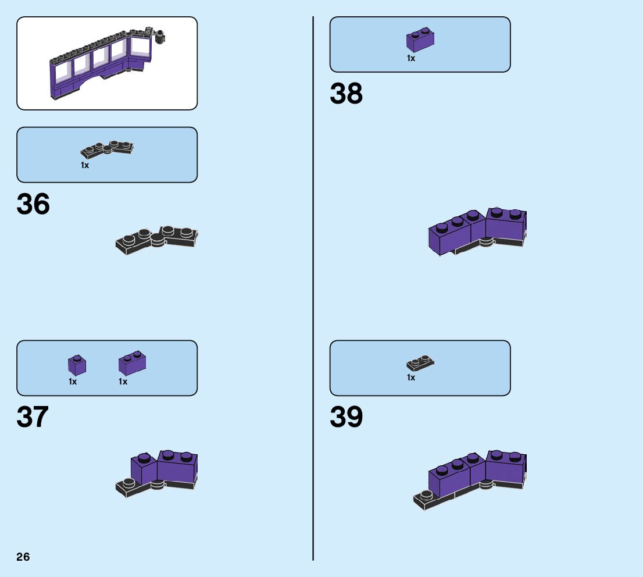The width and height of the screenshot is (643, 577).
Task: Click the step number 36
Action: click(33, 205)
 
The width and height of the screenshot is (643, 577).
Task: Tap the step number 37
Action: click(33, 418)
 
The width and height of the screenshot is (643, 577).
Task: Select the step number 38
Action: click(346, 94)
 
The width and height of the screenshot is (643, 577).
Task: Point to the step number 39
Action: click(346, 418)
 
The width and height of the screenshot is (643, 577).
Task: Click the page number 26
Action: click(23, 557)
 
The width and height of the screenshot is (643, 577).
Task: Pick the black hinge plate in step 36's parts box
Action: click(108, 149)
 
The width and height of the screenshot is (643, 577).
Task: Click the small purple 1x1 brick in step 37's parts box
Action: click(77, 365)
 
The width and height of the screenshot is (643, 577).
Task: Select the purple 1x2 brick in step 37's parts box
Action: click(132, 364)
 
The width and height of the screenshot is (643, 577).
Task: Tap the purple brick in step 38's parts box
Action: click(420, 40)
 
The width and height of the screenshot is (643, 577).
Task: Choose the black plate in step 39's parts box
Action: click(420, 364)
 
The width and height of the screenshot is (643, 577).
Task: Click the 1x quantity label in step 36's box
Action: click(85, 166)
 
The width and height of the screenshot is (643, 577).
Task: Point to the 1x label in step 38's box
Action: click(411, 58)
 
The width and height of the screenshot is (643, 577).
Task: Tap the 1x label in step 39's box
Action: click(411, 378)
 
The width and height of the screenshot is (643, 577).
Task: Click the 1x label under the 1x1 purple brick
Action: click(73, 382)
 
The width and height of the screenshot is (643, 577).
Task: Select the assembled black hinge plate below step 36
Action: click(157, 239)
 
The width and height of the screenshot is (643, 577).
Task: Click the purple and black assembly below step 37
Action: click(160, 471)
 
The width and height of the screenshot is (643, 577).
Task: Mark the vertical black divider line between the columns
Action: click(313, 291)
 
